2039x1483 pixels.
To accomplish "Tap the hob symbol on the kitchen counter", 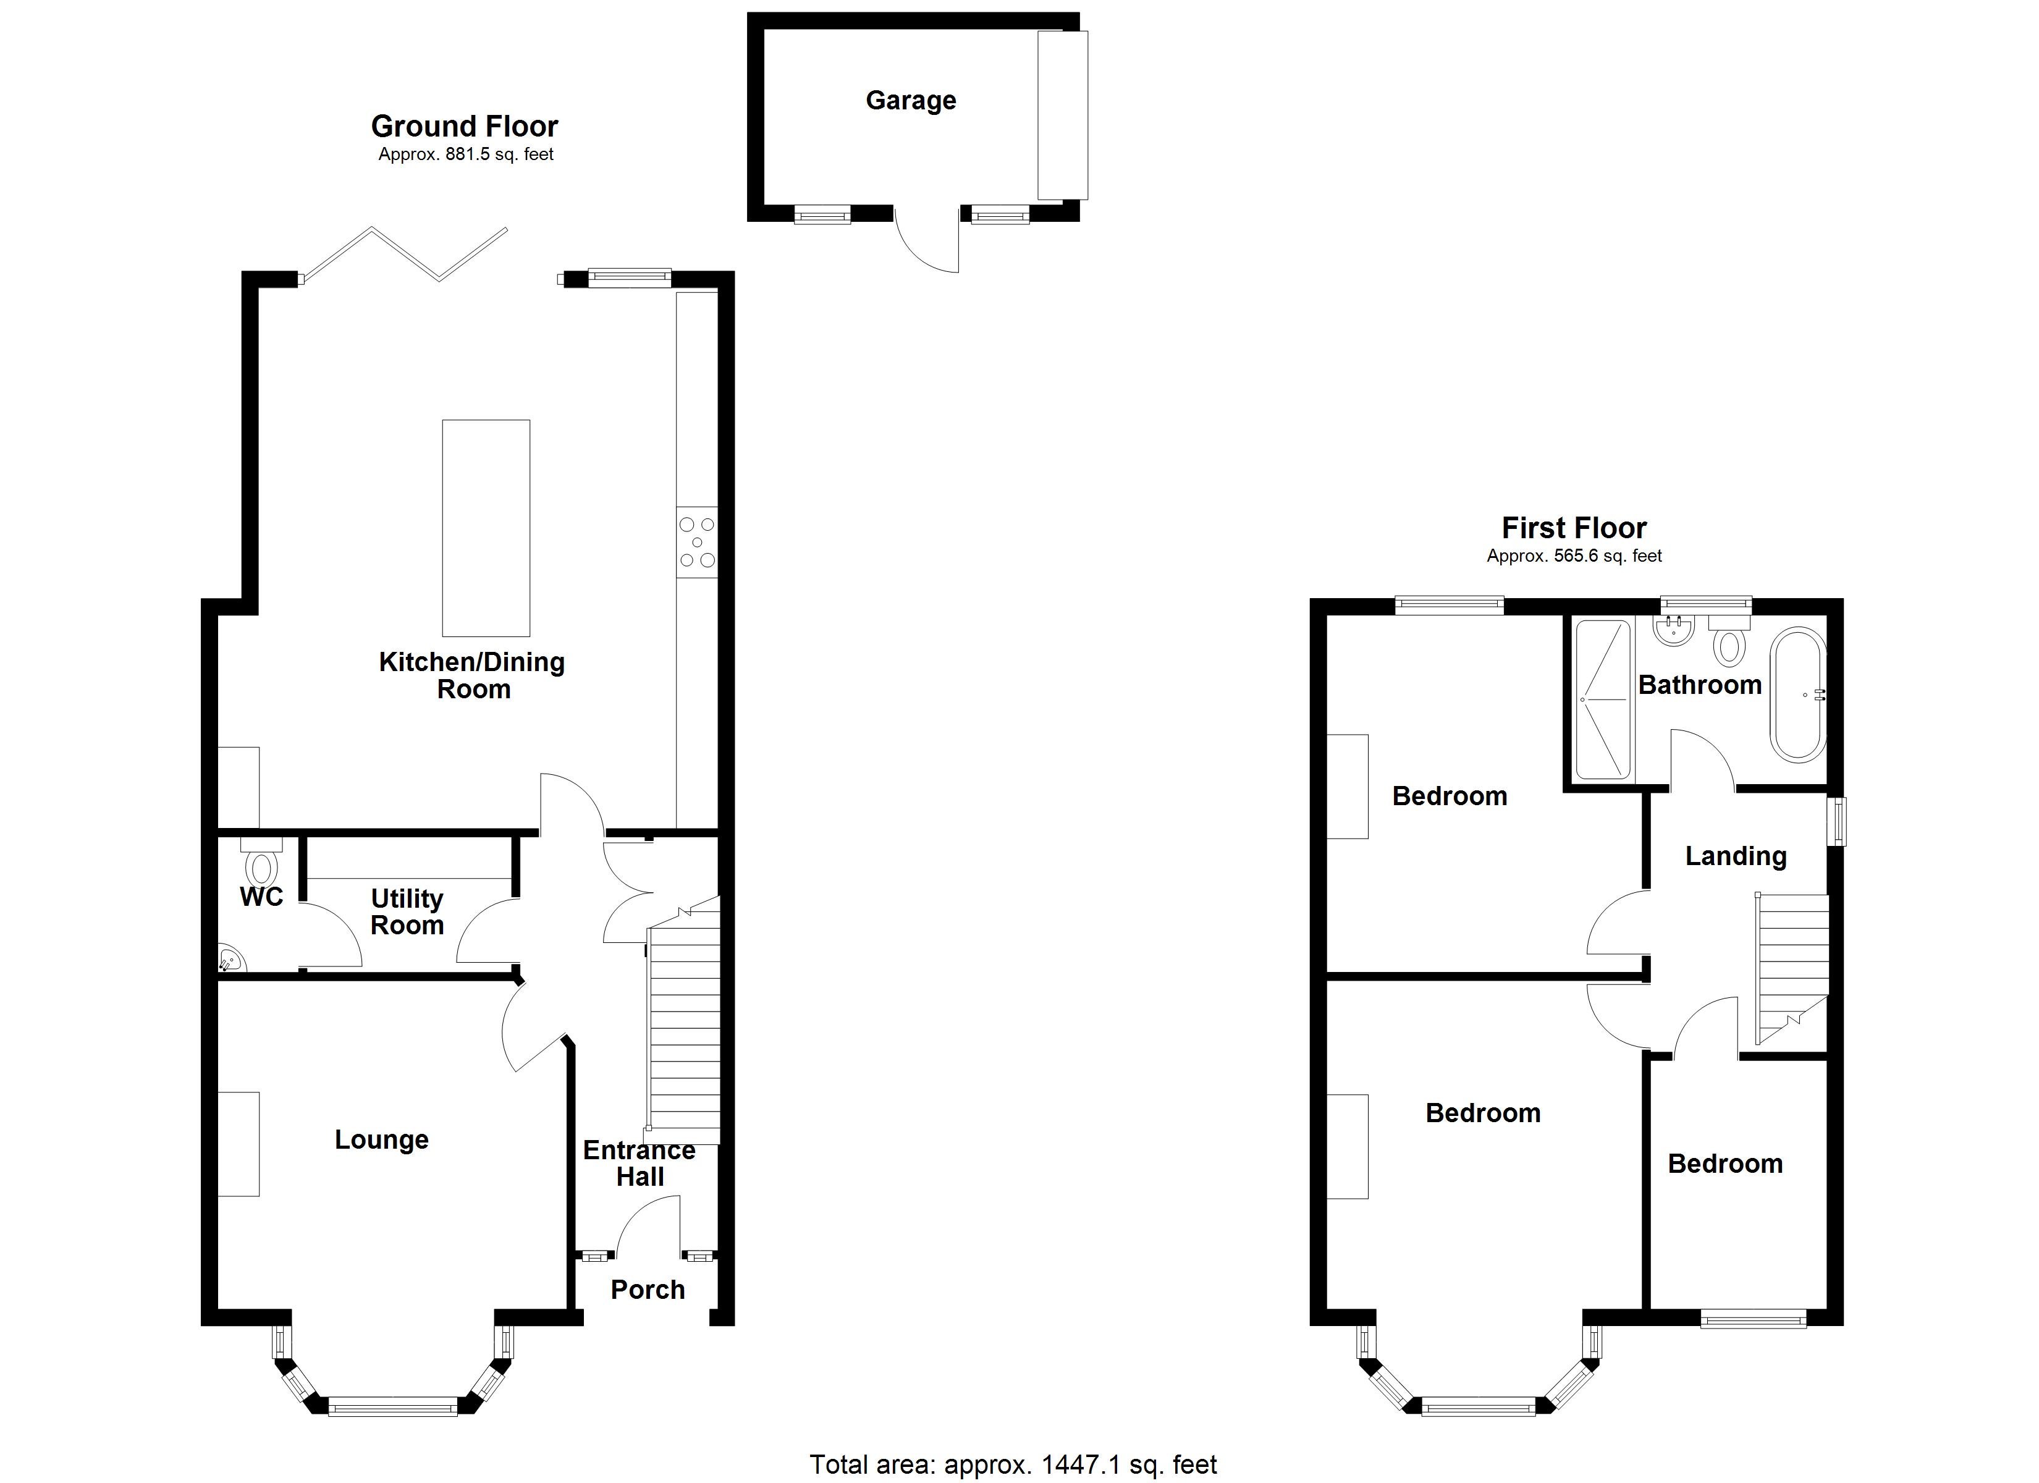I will pos(697,543).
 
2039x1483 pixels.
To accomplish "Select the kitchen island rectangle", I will pos(486,528).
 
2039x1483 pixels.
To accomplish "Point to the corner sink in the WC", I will pos(230,960).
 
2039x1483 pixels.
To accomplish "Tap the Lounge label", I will pos(381,1139).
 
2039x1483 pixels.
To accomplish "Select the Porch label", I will pos(648,1290).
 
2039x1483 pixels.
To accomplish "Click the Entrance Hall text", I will pos(640,1163).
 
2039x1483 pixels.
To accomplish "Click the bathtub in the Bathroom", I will pos(1798,695).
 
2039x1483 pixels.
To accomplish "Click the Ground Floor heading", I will pos(464,126).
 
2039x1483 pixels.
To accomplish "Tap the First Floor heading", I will pos(1573,528).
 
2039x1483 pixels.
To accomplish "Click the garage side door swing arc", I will pos(926,247).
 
